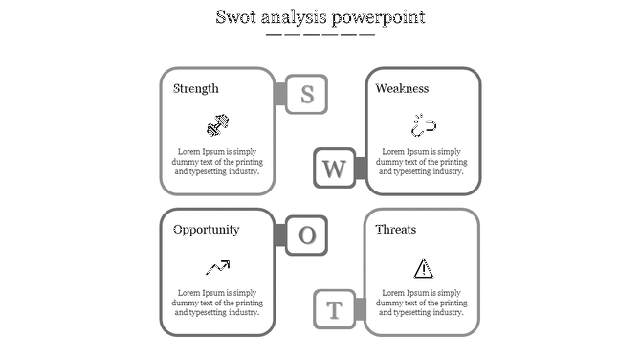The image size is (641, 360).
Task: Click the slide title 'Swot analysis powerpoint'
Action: tap(320, 18)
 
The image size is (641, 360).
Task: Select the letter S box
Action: tap(307, 94)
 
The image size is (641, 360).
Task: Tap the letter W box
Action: tap(334, 169)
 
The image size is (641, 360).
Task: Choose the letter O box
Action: tap(307, 236)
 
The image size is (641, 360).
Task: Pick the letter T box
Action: tap(334, 309)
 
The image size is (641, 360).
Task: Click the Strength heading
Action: tap(196, 89)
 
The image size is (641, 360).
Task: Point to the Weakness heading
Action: tap(402, 89)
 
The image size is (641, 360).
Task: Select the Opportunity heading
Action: tap(207, 230)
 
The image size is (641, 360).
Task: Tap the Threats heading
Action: tap(396, 230)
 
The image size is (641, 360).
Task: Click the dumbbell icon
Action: tap(218, 125)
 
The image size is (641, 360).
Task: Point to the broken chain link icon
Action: tap(424, 125)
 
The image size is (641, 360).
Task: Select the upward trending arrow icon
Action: tap(217, 267)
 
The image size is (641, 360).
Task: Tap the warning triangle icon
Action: tap(423, 267)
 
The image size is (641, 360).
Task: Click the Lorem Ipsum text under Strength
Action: tap(218, 162)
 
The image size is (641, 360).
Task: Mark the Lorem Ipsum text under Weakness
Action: tap(424, 162)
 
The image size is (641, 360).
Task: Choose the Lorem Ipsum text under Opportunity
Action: tap(218, 303)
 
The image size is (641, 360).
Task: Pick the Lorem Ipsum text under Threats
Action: tap(424, 303)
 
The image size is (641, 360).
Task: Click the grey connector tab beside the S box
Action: tap(280, 94)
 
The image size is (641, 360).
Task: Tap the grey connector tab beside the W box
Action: tap(361, 169)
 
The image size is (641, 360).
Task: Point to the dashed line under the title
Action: tap(320, 35)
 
